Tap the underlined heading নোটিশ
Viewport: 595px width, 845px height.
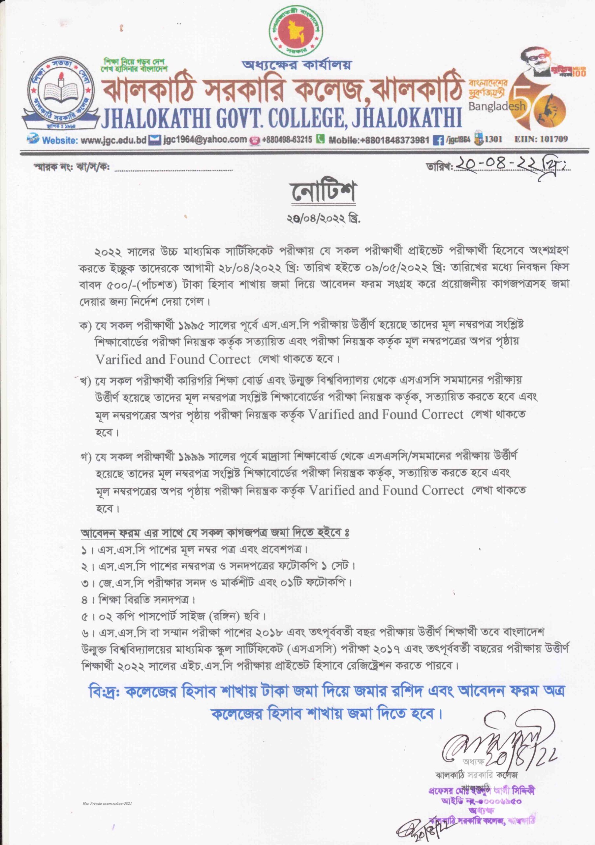click(323, 192)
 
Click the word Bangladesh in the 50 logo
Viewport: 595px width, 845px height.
click(497, 106)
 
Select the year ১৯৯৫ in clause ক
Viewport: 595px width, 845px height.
click(192, 325)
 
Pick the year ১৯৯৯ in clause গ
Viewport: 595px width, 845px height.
click(192, 457)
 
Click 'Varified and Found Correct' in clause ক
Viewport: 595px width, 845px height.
click(173, 359)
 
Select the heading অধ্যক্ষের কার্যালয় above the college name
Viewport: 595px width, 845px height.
click(297, 65)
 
